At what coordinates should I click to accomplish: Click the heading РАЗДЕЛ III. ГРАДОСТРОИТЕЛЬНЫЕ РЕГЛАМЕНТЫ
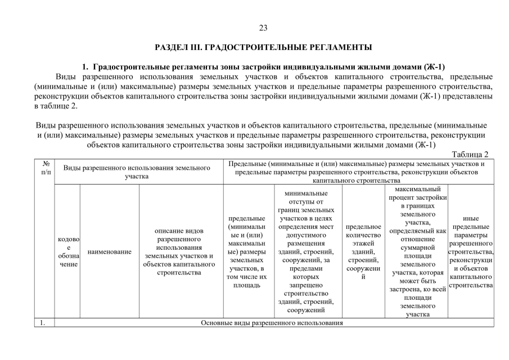click(x=263, y=46)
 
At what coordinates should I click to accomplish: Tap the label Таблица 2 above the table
click(x=470, y=154)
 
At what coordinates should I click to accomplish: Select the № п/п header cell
click(x=45, y=168)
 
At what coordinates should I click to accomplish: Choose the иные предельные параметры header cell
click(x=471, y=252)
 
